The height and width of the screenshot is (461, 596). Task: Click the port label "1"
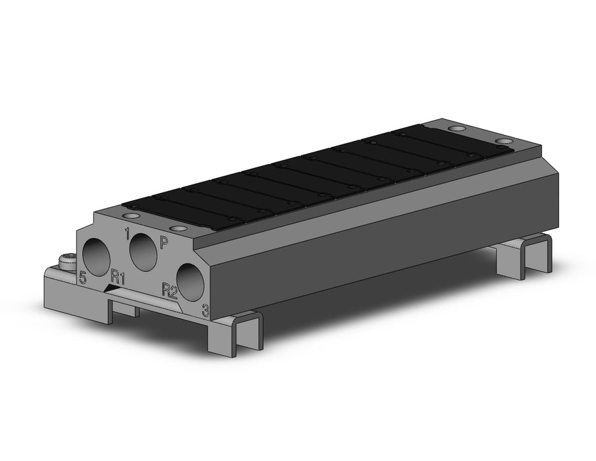click(128, 234)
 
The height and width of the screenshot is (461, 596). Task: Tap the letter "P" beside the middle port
click(164, 242)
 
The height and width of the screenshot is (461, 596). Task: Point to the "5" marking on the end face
click(82, 277)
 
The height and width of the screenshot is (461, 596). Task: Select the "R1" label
click(118, 277)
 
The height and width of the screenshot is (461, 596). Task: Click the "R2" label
click(170, 291)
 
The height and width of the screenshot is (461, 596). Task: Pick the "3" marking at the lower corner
click(206, 311)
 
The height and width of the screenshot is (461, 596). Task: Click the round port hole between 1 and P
click(143, 252)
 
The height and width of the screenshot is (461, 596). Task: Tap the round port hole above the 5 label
click(97, 257)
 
